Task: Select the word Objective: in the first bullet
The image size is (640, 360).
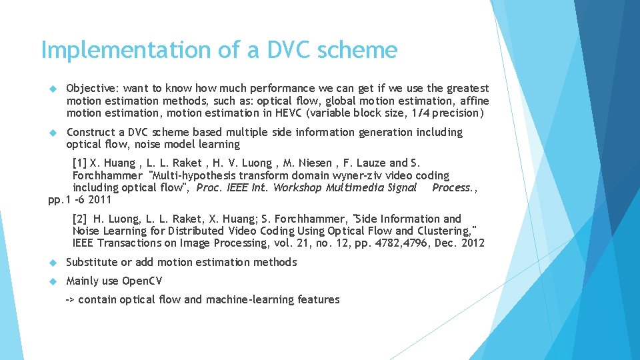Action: (x=92, y=89)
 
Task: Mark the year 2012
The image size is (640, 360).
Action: (x=472, y=243)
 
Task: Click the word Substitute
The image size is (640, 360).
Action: (x=91, y=262)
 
